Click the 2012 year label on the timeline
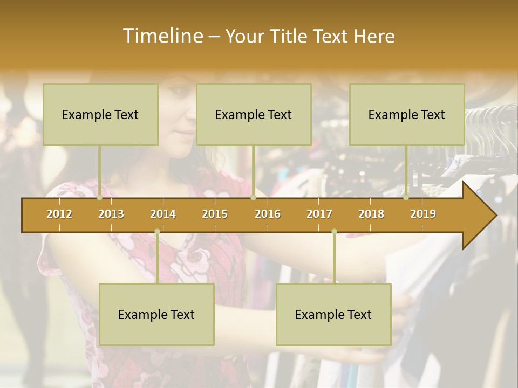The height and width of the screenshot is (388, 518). click(59, 214)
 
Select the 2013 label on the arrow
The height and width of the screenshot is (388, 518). click(111, 214)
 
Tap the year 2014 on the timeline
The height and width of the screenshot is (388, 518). click(163, 214)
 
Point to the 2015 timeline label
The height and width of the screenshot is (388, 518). click(215, 214)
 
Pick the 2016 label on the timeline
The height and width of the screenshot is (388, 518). click(268, 214)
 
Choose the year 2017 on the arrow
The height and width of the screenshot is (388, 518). click(319, 214)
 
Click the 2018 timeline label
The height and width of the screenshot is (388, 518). click(371, 214)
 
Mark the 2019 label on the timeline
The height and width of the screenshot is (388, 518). click(423, 214)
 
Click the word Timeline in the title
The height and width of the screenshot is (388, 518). click(162, 36)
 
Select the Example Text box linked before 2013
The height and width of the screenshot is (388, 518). click(100, 114)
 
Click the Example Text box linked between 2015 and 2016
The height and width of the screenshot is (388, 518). click(254, 114)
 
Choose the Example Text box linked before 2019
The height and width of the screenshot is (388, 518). click(407, 114)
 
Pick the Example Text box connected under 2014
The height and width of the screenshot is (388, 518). click(156, 314)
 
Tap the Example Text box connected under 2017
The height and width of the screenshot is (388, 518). click(333, 314)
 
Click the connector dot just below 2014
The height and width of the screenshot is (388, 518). click(157, 232)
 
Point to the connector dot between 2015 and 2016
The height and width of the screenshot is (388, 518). click(254, 198)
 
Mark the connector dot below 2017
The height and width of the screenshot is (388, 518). click(334, 232)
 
